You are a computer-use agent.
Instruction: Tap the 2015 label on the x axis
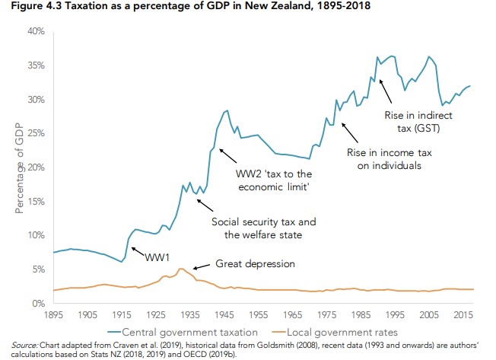click(461, 314)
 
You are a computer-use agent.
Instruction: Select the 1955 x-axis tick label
click(257, 314)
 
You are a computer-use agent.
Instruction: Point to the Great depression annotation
click(254, 264)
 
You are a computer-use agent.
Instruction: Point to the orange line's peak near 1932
click(180, 269)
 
